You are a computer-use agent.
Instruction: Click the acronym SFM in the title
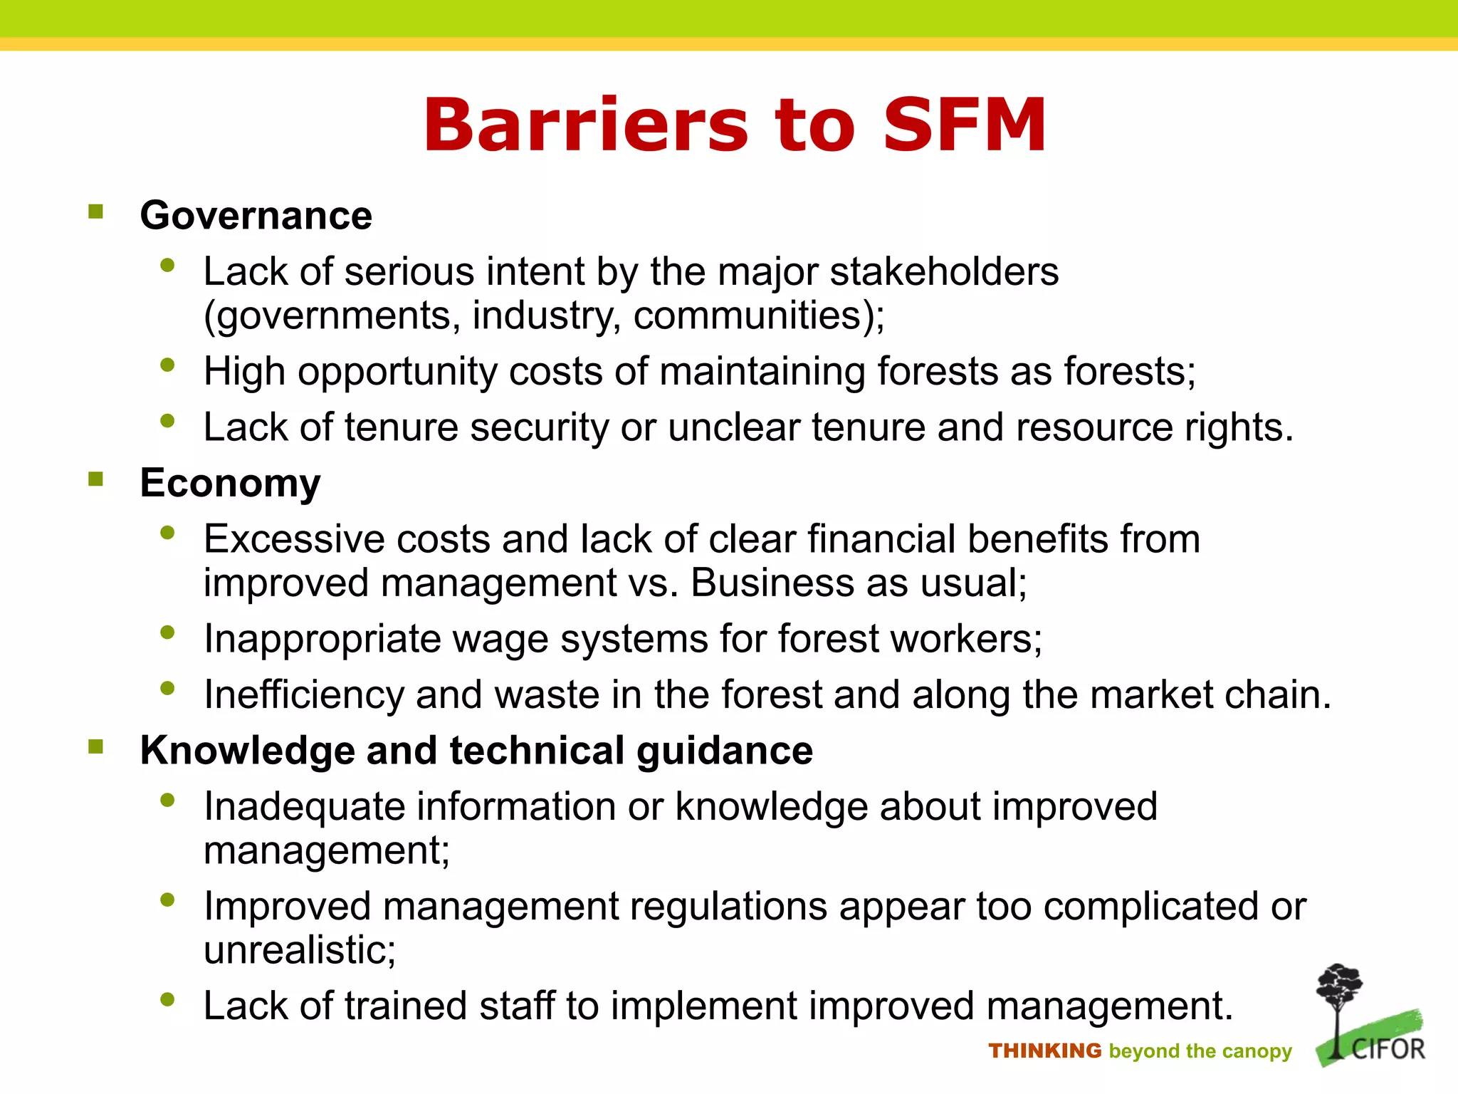click(x=965, y=125)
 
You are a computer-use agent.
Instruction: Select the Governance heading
click(x=256, y=215)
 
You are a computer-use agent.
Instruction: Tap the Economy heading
click(x=230, y=483)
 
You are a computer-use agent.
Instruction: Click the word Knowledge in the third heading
click(x=247, y=751)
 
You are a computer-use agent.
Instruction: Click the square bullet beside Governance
click(x=96, y=212)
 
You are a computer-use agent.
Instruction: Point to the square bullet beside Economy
click(x=96, y=479)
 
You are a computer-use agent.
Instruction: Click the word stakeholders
click(x=944, y=271)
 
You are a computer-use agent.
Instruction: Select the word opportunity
click(x=397, y=372)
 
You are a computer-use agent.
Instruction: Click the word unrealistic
click(x=299, y=950)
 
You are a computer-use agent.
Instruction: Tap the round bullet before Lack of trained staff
click(x=168, y=999)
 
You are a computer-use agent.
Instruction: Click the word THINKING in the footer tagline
click(x=1044, y=1051)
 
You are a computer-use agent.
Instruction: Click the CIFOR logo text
click(x=1388, y=1050)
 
